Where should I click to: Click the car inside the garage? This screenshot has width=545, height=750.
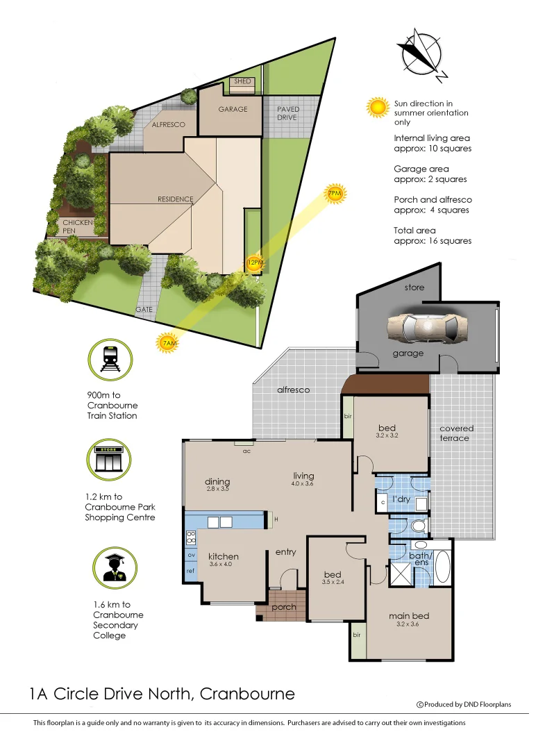coord(427,326)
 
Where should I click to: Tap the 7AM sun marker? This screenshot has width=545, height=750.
coord(167,343)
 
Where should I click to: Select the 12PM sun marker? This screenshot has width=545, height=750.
coord(255,262)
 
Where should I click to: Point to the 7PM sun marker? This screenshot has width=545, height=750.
coord(335,194)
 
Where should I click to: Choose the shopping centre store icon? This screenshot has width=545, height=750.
coord(111,459)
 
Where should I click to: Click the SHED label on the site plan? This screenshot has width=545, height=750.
coord(242,82)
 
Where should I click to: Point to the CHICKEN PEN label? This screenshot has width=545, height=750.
coord(78,226)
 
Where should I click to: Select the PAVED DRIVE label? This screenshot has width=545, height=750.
coord(287,114)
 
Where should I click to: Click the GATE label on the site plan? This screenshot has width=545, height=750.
coord(144,310)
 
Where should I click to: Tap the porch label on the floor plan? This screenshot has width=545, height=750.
coord(284,607)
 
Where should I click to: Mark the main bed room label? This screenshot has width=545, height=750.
coord(409,616)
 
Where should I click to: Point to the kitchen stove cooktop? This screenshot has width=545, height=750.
coord(191,537)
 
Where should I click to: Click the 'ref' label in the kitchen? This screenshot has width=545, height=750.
coord(190,571)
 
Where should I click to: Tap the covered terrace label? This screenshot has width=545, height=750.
coord(456,433)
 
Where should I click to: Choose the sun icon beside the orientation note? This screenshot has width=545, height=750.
coord(378,107)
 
